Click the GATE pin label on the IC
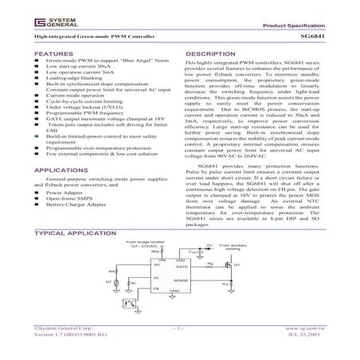pos(182,268)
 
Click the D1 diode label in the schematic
pos(209,245)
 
